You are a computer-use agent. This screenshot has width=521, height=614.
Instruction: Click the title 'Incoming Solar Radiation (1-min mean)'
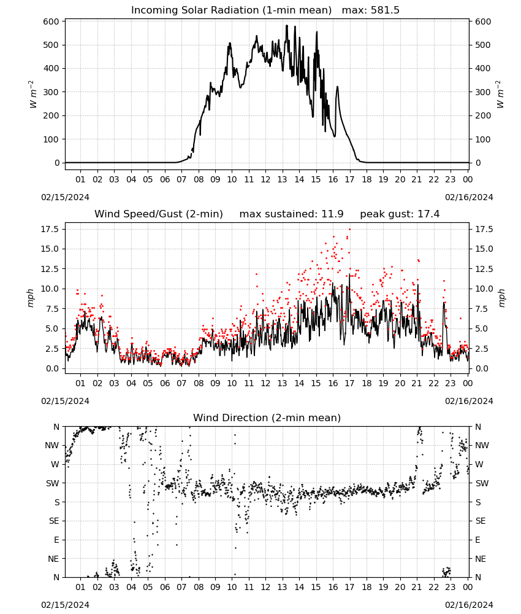[x=231, y=10]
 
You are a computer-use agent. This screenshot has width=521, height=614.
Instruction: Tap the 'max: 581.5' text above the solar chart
[x=371, y=10]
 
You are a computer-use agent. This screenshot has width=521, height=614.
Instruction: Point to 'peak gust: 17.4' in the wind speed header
[x=400, y=214]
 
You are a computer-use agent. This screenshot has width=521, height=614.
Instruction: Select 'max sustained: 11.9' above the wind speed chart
[x=291, y=214]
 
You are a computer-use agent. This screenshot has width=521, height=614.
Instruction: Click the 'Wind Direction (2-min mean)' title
[x=267, y=418]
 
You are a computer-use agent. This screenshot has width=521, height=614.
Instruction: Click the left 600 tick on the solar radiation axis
[x=51, y=21]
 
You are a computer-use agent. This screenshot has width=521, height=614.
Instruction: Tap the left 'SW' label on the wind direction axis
[x=52, y=483]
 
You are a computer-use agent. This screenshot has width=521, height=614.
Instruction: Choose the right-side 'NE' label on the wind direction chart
[x=480, y=559]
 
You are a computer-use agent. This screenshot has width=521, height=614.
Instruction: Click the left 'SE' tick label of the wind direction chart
[x=54, y=521]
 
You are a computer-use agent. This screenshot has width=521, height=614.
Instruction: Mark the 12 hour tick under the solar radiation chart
[x=265, y=179]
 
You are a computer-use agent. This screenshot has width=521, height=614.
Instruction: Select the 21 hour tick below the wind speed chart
[x=417, y=383]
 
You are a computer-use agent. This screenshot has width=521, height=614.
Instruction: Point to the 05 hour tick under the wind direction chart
[x=148, y=587]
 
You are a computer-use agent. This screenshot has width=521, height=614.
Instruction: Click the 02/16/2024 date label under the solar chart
[x=469, y=197]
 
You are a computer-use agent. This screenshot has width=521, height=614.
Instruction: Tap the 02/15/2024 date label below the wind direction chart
[x=65, y=605]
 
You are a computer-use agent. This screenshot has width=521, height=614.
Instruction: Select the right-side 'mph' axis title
[x=501, y=298]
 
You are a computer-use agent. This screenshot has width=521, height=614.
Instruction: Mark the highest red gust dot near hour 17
[x=349, y=229]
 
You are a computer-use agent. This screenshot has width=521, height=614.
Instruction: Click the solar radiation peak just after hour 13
[x=286, y=26]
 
